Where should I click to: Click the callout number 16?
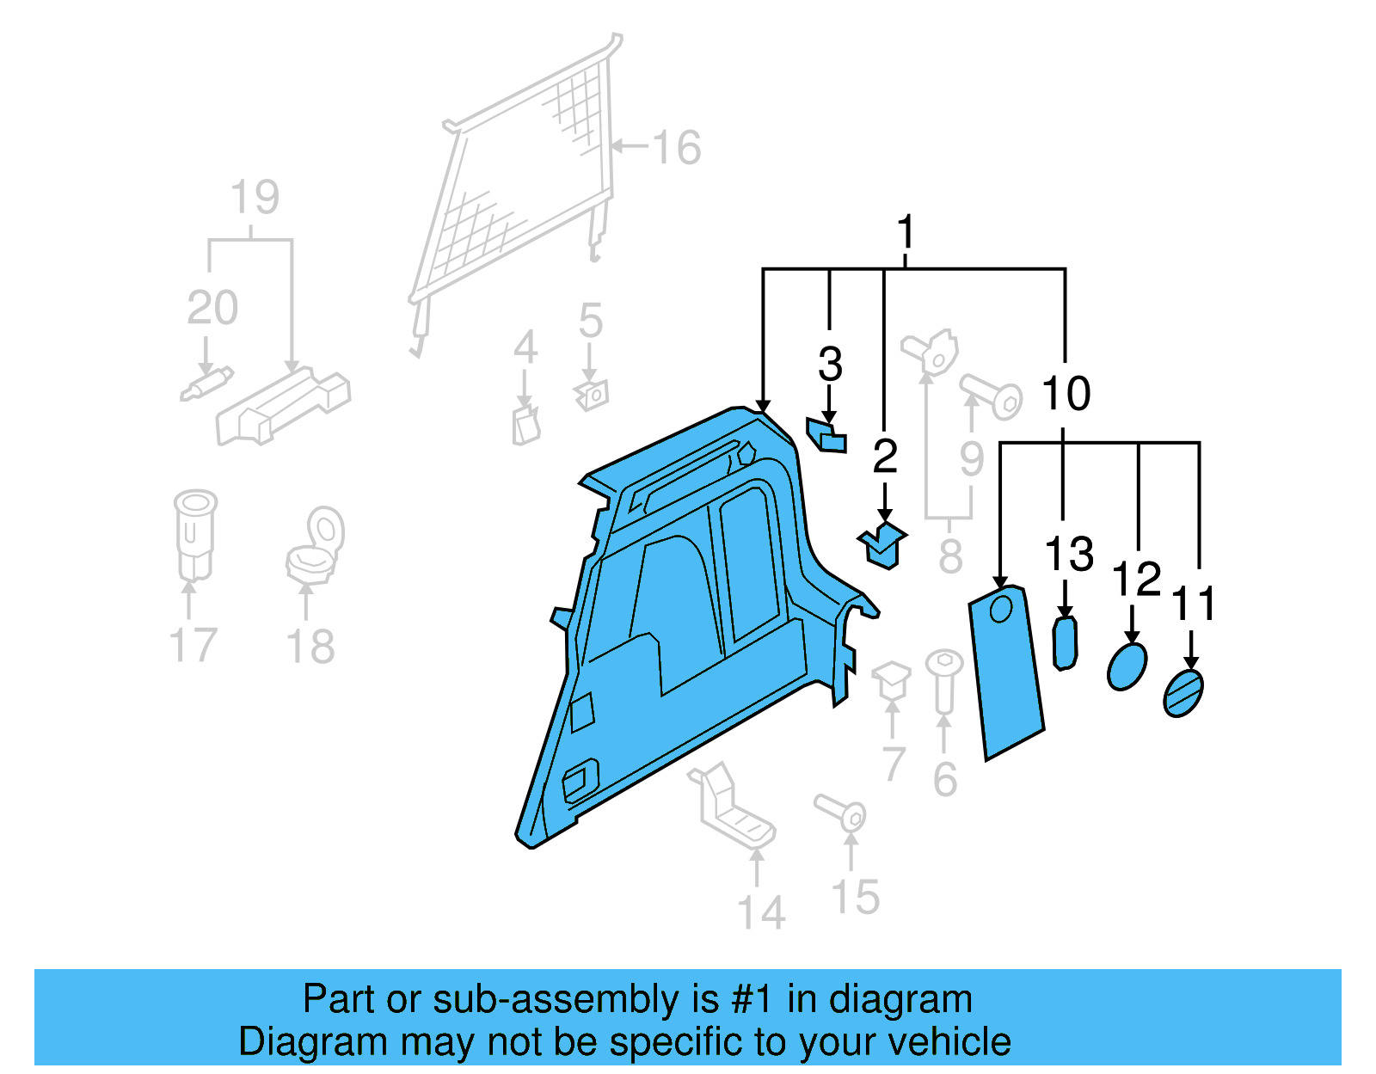677,148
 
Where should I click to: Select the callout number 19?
255,198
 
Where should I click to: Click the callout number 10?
1066,394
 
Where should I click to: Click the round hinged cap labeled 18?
316,543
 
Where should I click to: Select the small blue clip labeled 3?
826,435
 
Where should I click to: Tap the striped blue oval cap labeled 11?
1183,693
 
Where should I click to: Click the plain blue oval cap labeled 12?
1127,666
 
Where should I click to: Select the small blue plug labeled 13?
1065,642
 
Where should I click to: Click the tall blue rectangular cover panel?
1006,671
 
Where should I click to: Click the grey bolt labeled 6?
943,679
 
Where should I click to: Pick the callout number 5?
590,321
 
